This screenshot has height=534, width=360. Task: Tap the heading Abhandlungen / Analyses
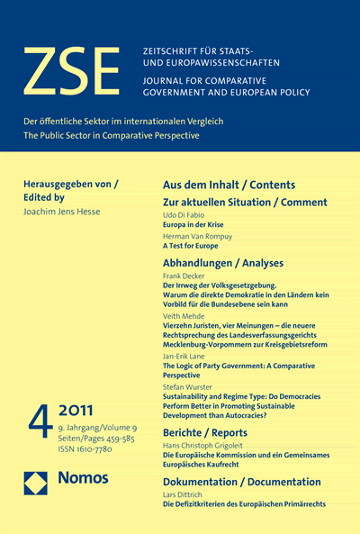pyautogui.click(x=222, y=263)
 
